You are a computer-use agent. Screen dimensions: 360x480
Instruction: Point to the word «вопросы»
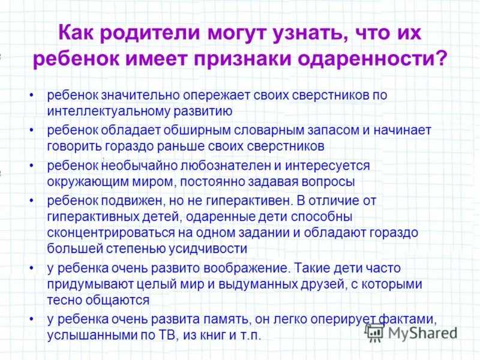325,181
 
